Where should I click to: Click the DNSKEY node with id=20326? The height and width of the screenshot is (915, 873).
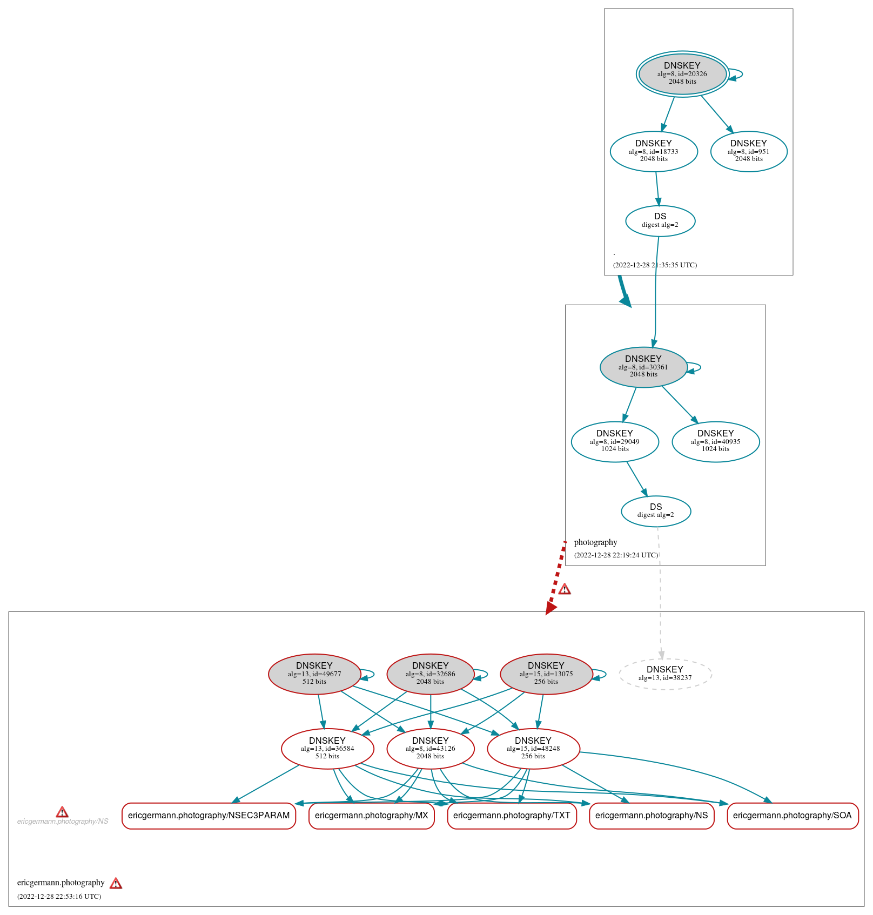click(682, 74)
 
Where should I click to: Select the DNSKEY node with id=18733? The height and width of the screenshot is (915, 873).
click(654, 151)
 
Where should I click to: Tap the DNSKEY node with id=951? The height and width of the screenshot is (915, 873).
click(749, 151)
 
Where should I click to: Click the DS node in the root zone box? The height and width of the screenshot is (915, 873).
click(660, 221)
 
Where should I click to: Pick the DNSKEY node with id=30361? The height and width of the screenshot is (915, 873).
click(643, 367)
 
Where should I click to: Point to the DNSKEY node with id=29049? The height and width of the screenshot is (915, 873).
click(615, 441)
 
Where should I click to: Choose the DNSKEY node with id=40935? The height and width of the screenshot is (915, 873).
click(716, 441)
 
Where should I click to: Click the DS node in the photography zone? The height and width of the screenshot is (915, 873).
click(656, 511)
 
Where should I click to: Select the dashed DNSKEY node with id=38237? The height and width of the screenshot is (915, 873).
click(665, 674)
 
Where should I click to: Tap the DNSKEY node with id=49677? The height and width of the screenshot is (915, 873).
click(314, 674)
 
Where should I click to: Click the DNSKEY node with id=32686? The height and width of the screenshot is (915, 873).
click(431, 674)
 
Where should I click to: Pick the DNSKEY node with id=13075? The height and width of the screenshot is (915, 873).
click(546, 674)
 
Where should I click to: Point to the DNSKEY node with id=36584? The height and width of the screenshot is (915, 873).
click(327, 749)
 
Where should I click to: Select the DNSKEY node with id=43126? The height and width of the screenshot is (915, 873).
click(431, 749)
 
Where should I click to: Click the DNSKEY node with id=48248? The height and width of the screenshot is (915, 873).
click(533, 749)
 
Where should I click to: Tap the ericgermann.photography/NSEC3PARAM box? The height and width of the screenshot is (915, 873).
click(209, 816)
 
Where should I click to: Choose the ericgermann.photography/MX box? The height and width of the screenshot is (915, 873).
click(371, 816)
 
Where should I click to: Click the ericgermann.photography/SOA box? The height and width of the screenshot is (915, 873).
click(792, 816)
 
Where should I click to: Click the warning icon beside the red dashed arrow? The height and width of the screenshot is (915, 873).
click(565, 589)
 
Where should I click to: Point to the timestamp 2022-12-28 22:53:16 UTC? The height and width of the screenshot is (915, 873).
click(59, 896)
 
